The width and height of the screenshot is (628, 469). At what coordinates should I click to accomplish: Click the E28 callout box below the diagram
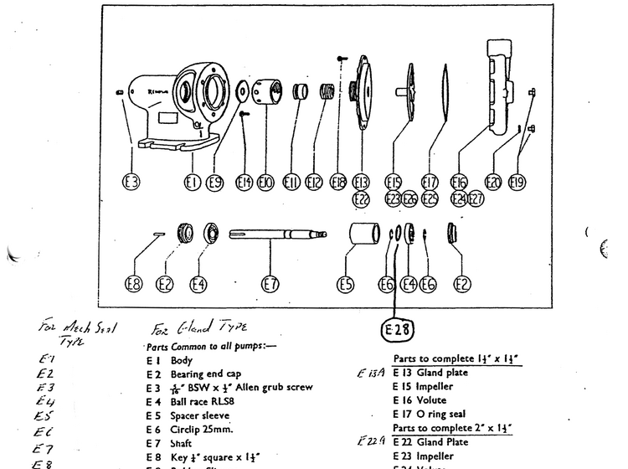click(x=399, y=327)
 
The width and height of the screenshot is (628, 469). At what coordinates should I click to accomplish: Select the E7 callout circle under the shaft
click(x=270, y=285)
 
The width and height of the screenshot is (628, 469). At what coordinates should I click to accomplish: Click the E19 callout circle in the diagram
click(x=517, y=183)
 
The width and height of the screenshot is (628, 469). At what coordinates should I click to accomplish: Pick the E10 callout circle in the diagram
click(x=265, y=183)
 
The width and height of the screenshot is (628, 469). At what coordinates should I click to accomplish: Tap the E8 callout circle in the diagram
click(x=134, y=285)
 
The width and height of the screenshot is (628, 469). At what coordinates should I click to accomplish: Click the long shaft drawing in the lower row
click(x=276, y=236)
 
